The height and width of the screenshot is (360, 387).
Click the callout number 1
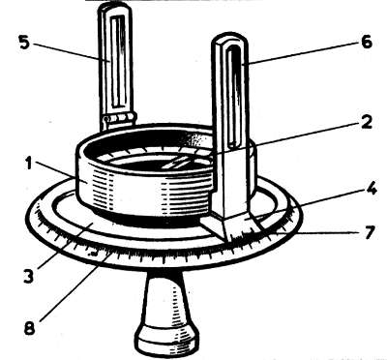tap(29, 164)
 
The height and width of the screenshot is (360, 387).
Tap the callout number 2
tap(366, 122)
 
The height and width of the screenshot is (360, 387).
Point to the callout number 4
tap(372, 188)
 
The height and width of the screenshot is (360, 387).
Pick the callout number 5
tap(23, 43)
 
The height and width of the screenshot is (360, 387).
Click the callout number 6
tap(367, 42)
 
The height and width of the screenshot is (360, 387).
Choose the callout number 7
tap(370, 232)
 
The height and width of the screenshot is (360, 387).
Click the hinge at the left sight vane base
tap(118, 118)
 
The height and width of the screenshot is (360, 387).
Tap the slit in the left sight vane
tap(117, 60)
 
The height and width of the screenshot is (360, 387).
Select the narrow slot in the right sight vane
tap(233, 97)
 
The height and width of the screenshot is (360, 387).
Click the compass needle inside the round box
tap(177, 162)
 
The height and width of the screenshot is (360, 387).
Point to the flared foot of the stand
tap(166, 341)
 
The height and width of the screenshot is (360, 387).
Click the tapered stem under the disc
tap(166, 297)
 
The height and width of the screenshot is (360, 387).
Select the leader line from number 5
tap(71, 51)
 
